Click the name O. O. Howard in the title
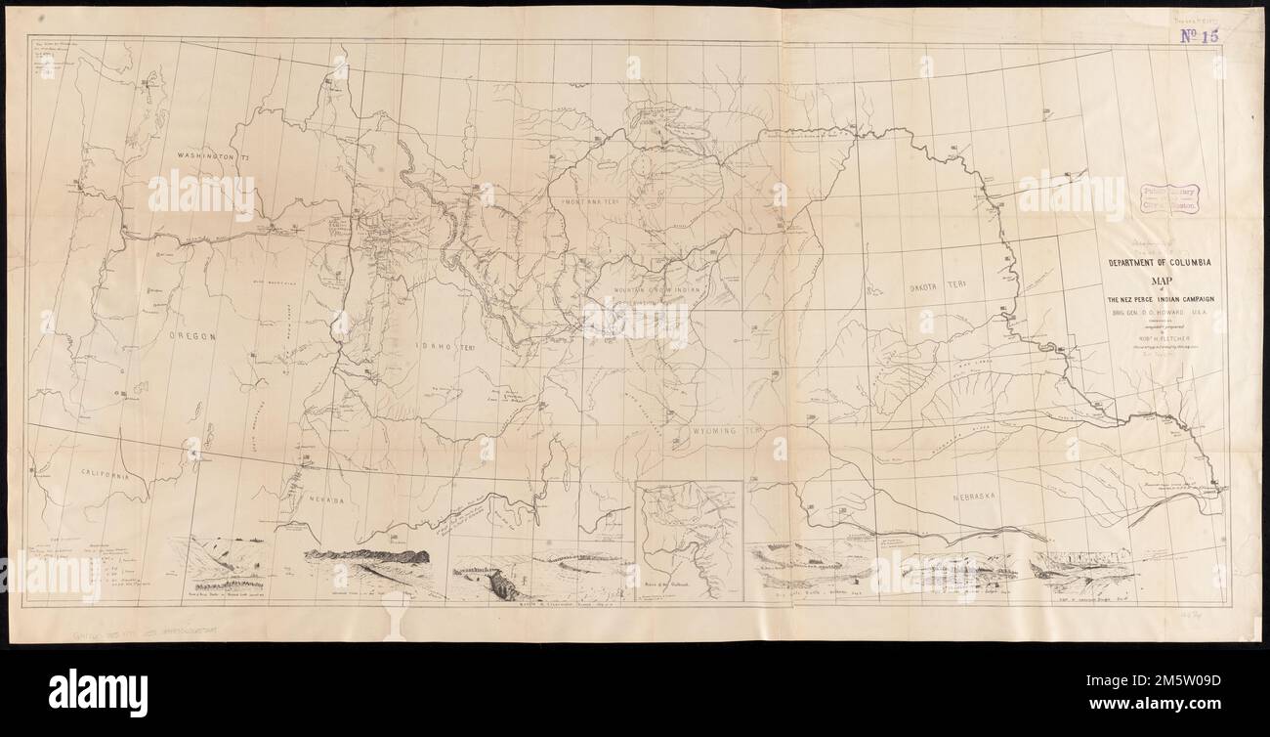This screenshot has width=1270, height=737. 1154,314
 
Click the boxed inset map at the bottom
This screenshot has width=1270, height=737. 689,541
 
